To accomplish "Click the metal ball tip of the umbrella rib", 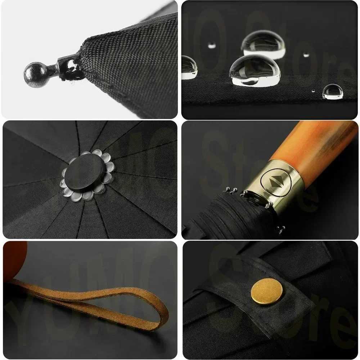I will click(35, 75).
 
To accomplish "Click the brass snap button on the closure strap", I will click(267, 291).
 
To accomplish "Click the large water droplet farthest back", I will click(262, 44).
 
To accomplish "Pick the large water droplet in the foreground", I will click(254, 71).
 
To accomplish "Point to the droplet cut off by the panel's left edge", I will click(189, 67).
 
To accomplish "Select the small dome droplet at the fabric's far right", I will click(332, 91).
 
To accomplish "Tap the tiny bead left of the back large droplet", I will click(212, 45).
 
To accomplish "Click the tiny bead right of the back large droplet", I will click(306, 55).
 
